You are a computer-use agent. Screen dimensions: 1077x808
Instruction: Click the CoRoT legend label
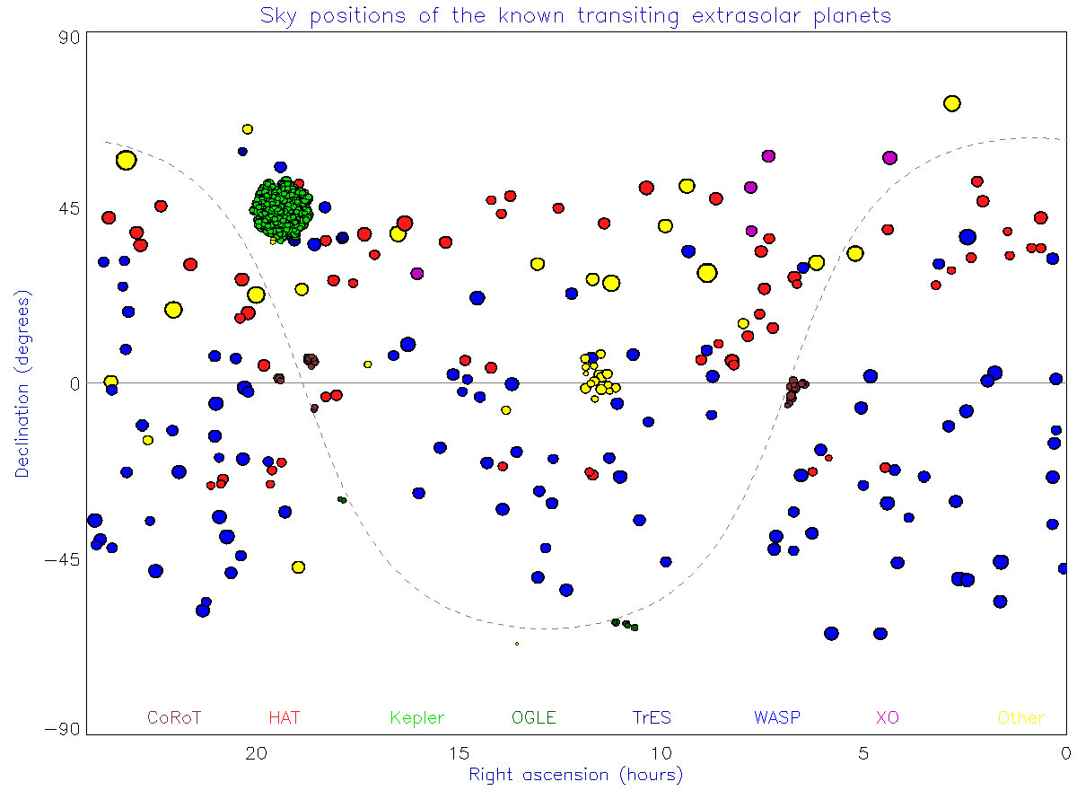coord(174,717)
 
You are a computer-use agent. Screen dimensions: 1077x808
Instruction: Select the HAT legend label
coord(284,717)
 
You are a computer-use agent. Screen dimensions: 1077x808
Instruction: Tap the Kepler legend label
coord(416,718)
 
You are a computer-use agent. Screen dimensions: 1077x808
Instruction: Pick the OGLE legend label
coord(533,717)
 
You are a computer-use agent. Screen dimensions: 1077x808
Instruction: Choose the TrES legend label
coord(651,717)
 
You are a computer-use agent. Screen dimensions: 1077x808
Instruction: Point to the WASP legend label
coord(776,717)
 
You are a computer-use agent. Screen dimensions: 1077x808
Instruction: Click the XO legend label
coord(887,717)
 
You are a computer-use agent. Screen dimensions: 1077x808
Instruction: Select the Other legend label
coord(1021,717)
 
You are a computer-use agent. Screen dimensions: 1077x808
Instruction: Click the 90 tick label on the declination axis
coord(69,38)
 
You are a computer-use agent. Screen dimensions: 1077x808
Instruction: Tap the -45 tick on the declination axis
coord(62,559)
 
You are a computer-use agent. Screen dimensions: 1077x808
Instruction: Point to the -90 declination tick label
coord(62,729)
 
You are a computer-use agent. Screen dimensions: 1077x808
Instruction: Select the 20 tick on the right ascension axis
coord(256,753)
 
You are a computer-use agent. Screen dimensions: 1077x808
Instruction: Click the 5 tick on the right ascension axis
coord(863,753)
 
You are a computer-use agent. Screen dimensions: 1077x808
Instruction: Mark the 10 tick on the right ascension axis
coord(661,753)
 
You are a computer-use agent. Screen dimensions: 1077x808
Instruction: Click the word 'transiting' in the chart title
coord(628,16)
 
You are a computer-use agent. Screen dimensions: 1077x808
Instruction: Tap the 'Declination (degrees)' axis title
coord(22,383)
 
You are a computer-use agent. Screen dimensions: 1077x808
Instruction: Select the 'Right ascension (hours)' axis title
coord(575,775)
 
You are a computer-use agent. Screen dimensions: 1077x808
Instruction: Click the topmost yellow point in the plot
coord(951,103)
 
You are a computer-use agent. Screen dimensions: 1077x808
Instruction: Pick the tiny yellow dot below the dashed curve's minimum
coord(517,644)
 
